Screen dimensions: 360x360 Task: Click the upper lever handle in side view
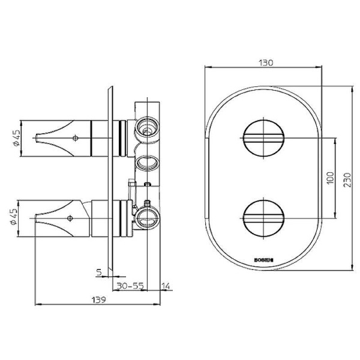coord(63,137)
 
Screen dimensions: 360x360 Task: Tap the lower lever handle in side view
coord(63,220)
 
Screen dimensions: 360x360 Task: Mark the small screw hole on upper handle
coord(75,137)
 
